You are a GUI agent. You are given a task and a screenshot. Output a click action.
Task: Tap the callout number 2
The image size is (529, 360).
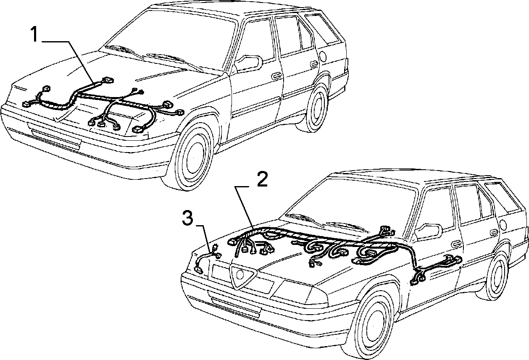262,179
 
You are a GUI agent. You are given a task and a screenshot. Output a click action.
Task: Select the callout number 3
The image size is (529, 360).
188,219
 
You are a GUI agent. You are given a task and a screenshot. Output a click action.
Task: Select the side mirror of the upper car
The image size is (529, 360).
248,63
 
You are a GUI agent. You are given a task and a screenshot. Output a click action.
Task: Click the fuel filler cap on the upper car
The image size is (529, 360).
322,56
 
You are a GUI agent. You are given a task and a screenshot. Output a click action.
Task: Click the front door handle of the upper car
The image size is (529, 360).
276,76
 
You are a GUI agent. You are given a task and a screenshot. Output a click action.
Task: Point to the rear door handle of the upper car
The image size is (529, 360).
314,63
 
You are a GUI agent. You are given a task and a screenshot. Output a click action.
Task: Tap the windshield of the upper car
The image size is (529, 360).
170,38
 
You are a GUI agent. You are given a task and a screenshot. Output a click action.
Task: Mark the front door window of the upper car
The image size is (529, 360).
256,40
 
